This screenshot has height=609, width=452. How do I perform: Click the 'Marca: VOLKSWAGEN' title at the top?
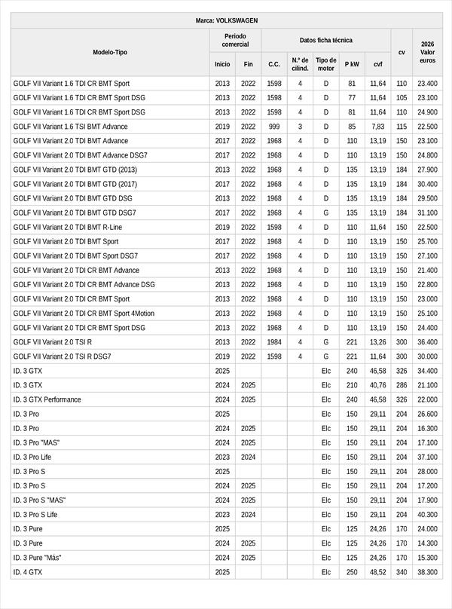coord(226,21)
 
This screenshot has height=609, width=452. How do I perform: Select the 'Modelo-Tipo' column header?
coord(110,52)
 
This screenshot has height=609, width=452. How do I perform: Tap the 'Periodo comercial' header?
coord(235,41)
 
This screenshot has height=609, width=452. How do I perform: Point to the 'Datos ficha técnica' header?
coord(325,41)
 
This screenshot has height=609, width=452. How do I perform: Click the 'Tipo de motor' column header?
coord(326,64)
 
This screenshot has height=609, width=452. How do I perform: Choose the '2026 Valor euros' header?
coord(427,52)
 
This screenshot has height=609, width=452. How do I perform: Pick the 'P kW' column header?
coord(352,65)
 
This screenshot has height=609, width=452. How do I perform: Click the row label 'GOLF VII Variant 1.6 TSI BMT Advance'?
coord(71,127)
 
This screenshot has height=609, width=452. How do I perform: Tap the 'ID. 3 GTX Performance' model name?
coord(47,399)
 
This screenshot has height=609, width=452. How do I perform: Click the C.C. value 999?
coord(274,127)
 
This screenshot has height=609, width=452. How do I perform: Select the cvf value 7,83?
coord(377,127)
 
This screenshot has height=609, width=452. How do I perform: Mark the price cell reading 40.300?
coord(427,515)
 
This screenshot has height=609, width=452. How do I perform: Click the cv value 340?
coord(401,572)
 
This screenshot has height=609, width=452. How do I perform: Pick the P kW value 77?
coord(352,98)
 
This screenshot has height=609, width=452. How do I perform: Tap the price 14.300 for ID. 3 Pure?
coord(427,543)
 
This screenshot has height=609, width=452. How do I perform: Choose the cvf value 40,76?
coord(377,385)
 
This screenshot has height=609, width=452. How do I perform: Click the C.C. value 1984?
coord(274,342)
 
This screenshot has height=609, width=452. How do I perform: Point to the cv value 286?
coord(401,385)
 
